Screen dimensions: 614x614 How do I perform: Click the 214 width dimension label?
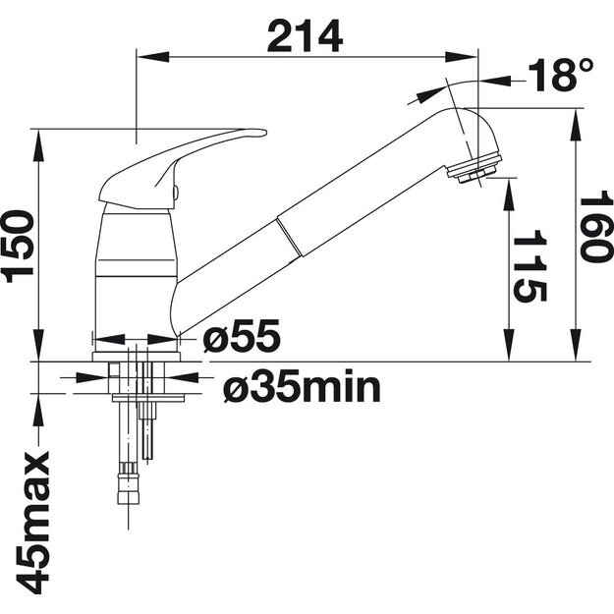305,36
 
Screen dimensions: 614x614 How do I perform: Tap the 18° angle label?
560,76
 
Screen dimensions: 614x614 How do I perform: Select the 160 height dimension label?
596,227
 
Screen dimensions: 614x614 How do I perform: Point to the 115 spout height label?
530,266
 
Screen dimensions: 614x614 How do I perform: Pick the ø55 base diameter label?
242,336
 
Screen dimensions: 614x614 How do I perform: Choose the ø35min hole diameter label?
302,386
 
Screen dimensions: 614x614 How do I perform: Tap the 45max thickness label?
32,523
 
